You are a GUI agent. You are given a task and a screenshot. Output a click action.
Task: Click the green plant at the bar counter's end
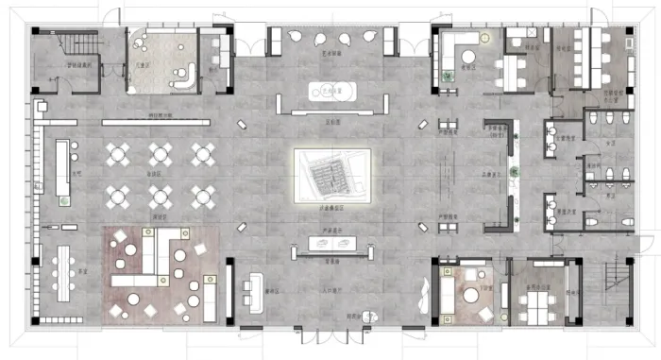pos(63,201)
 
